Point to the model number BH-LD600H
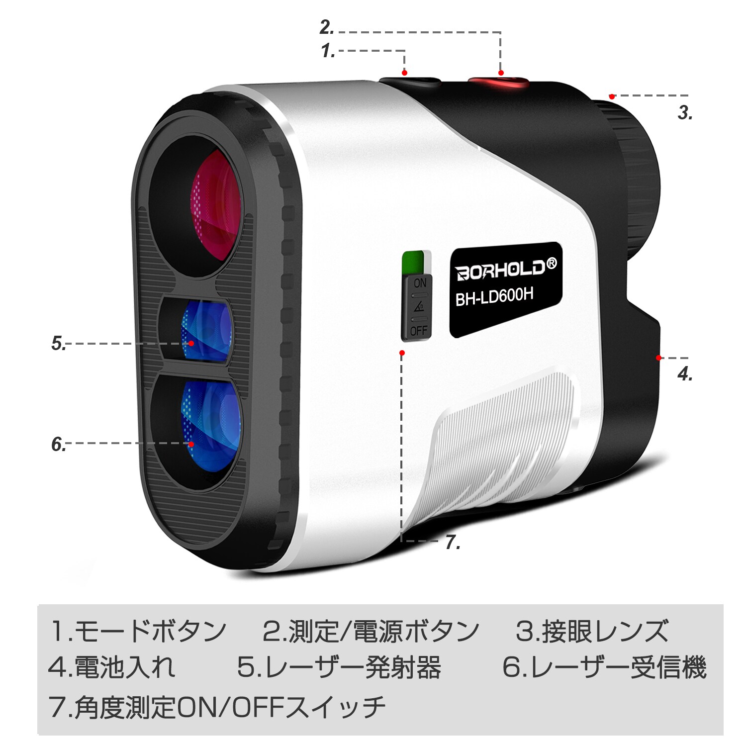494,297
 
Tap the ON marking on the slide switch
420,283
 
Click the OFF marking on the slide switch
419,331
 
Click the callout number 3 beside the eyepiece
685,113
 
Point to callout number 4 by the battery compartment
685,374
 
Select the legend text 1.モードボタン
138,631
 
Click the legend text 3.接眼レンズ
592,631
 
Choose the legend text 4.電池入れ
112,667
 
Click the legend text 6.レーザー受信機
604,667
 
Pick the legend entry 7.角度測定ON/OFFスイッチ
217,706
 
